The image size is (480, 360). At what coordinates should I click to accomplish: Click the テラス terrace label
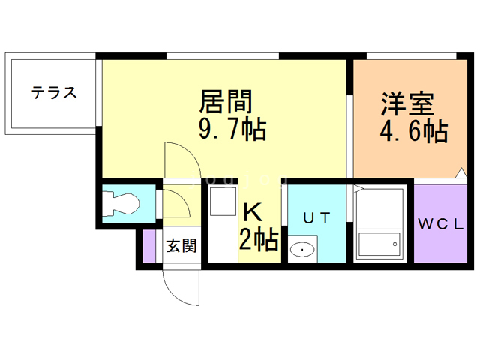click(x=53, y=92)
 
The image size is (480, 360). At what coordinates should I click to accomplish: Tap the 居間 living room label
click(x=226, y=101)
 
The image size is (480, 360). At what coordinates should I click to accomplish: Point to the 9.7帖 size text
click(x=232, y=130)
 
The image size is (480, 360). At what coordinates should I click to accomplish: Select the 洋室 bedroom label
click(x=407, y=103)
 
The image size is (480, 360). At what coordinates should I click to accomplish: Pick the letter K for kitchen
click(x=253, y=213)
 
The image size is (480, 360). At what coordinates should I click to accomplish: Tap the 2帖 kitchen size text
click(x=259, y=239)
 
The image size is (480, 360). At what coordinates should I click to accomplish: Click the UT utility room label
click(x=316, y=218)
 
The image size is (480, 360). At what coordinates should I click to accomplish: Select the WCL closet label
click(x=441, y=225)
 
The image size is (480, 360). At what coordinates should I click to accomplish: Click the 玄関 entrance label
click(x=181, y=245)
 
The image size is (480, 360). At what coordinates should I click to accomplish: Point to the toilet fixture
click(x=121, y=203)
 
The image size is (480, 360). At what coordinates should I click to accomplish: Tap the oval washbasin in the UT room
click(x=302, y=249)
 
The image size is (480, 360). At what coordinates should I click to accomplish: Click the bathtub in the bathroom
click(x=379, y=244)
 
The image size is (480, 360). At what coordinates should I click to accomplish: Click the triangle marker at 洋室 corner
click(x=461, y=173)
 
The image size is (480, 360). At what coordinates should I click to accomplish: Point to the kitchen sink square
click(x=223, y=202)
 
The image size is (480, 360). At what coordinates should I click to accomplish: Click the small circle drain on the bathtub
click(x=394, y=244)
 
